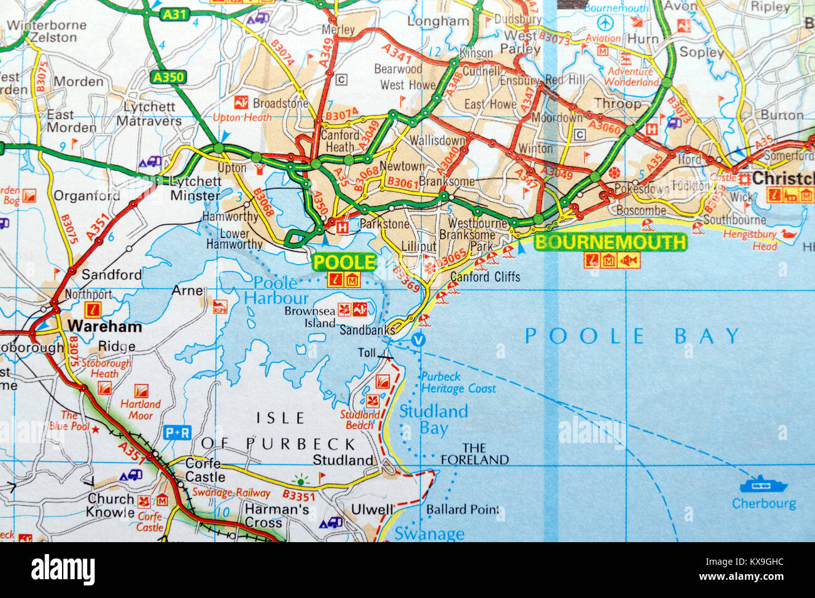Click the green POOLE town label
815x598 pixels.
[344, 262]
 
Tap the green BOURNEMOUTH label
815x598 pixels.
[611, 242]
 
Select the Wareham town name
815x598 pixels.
[105, 326]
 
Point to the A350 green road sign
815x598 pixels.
[168, 77]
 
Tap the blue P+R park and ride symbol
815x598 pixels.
[177, 432]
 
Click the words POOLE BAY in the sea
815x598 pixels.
[632, 336]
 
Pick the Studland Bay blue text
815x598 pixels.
[434, 419]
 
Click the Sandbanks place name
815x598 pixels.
[367, 329]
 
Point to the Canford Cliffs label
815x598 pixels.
[485, 276]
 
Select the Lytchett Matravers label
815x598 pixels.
[149, 114]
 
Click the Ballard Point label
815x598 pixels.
[463, 510]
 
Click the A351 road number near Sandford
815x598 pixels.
[97, 227]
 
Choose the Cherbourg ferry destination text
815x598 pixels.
[764, 503]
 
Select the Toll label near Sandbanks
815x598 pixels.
[367, 353]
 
